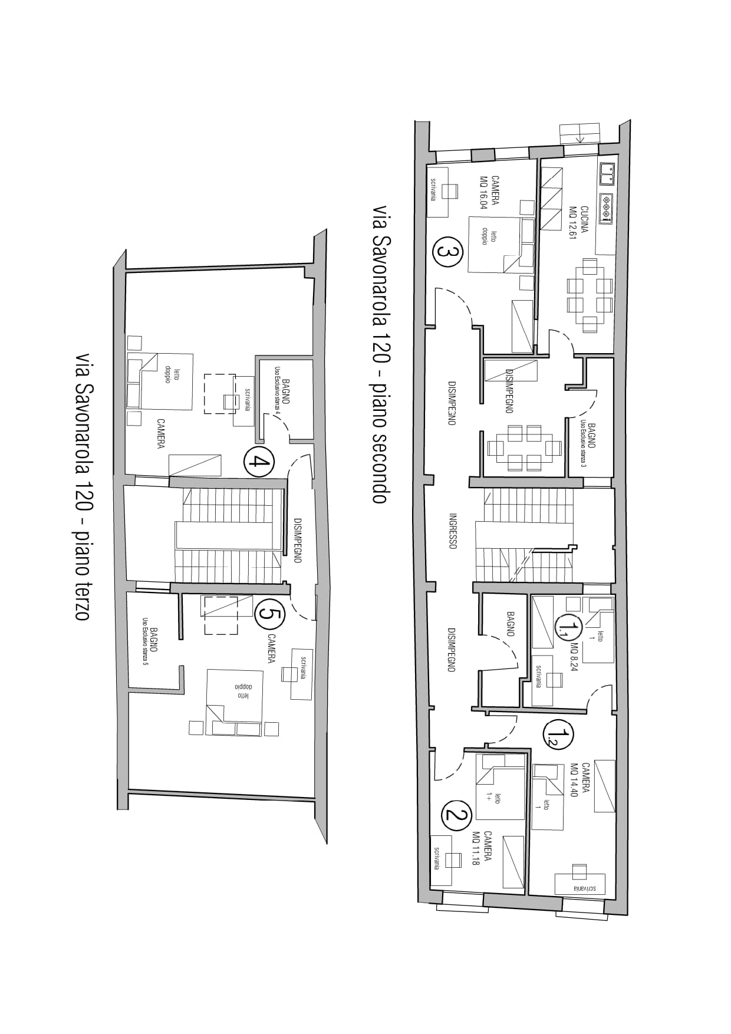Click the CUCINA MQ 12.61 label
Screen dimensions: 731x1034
point(578,222)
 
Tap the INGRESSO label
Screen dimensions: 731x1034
point(453,531)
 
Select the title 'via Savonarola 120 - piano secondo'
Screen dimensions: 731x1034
point(380,354)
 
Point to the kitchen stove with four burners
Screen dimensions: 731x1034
point(607,208)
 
